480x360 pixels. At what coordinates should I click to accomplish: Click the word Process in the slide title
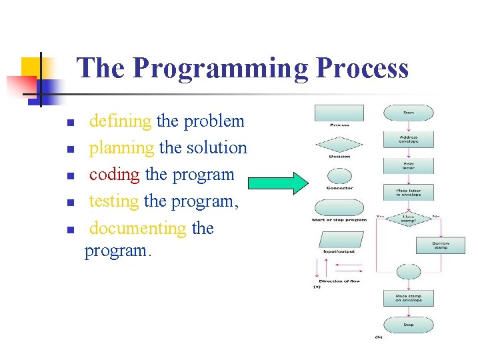click(x=362, y=69)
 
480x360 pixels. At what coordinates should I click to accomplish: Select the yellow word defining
click(x=120, y=121)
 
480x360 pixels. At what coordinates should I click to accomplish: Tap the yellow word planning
click(x=121, y=148)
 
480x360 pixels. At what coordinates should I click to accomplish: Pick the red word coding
click(x=114, y=175)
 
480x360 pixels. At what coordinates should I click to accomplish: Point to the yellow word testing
click(x=114, y=201)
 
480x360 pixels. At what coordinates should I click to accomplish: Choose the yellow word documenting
click(x=138, y=228)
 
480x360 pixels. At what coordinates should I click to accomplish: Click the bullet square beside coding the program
click(x=69, y=177)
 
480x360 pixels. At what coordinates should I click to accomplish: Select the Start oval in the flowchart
click(x=408, y=113)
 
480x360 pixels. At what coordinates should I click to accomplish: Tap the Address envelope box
click(x=408, y=139)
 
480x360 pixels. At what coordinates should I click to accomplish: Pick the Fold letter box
click(x=408, y=165)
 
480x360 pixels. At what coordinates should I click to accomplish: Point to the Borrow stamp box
click(x=441, y=245)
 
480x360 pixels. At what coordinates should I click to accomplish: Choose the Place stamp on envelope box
click(x=408, y=298)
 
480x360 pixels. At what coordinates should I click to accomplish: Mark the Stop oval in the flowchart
click(x=408, y=325)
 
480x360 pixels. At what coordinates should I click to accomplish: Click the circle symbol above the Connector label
click(x=339, y=176)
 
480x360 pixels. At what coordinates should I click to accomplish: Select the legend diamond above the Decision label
click(x=339, y=144)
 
